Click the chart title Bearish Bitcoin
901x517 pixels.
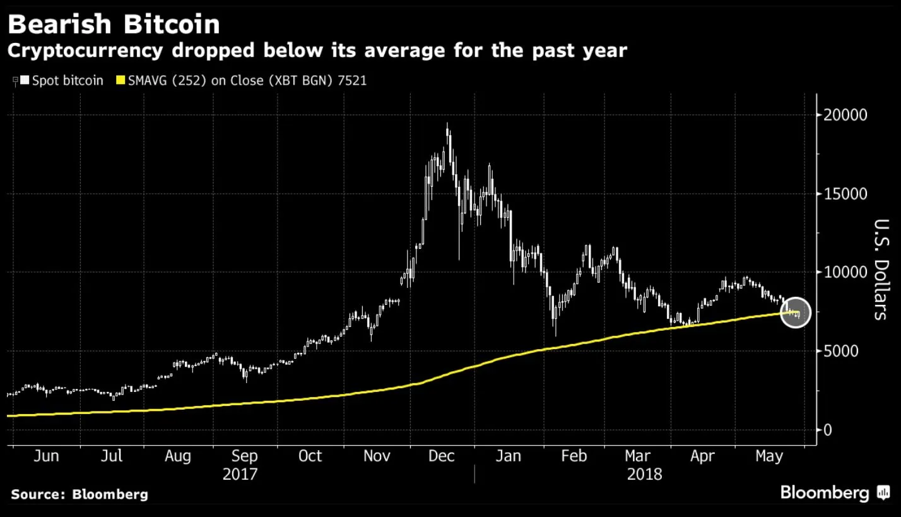[x=114, y=24]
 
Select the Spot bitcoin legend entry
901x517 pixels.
[x=63, y=81]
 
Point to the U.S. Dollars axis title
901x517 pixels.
[x=881, y=270]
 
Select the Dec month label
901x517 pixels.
[x=441, y=456]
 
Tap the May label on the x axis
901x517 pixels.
[x=768, y=456]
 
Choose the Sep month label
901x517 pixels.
[x=244, y=456]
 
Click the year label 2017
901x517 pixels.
[x=240, y=474]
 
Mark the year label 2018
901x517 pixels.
[x=644, y=474]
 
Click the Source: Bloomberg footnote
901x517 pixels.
[x=79, y=494]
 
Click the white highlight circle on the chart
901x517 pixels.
[x=795, y=312]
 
